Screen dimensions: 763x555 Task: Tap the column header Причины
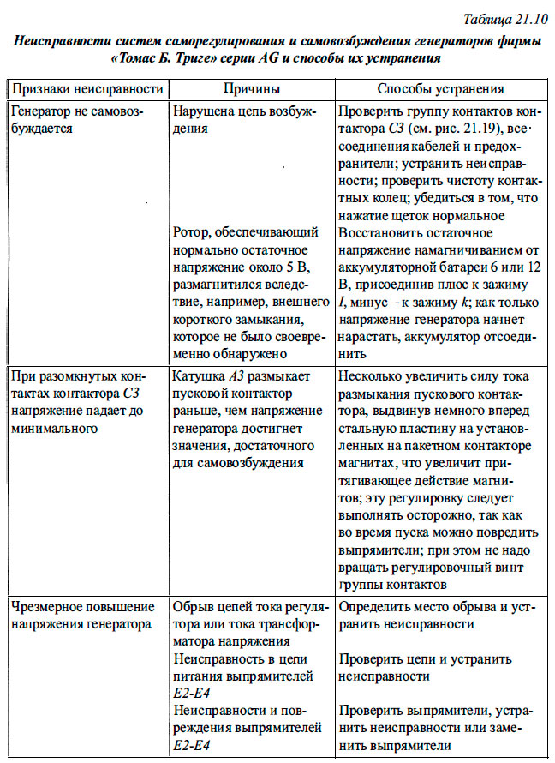coord(248,88)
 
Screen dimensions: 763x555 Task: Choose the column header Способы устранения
coord(441,88)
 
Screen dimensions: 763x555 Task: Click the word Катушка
coord(199,376)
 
